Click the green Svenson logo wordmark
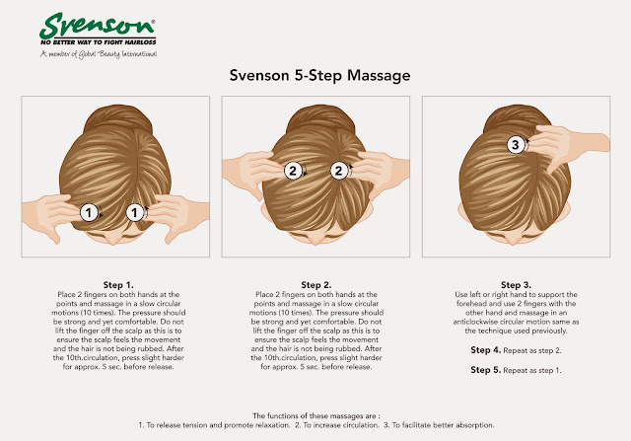click(x=97, y=26)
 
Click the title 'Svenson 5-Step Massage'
click(x=319, y=76)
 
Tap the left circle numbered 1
click(x=89, y=212)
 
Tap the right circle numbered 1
click(x=135, y=213)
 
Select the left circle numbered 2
click(x=293, y=171)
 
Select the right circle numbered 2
click(x=339, y=171)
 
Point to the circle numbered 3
click(x=516, y=144)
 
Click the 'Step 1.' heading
click(x=118, y=285)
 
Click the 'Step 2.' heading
click(x=316, y=285)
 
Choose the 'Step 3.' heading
click(x=516, y=285)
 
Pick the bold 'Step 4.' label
click(x=486, y=350)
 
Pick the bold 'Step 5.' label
click(x=486, y=370)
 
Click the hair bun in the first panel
click(x=118, y=118)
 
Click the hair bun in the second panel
click(x=319, y=118)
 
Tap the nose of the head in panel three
click(x=514, y=240)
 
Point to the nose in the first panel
click(x=113, y=240)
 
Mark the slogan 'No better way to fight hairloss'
click(x=99, y=42)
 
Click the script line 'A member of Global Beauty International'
click(x=99, y=54)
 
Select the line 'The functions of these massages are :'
click(x=316, y=415)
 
